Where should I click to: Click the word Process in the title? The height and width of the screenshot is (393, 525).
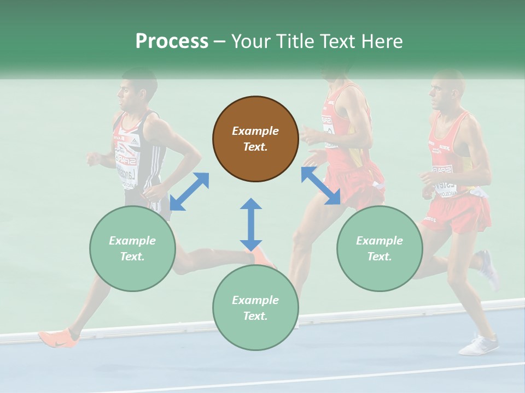coord(172,41)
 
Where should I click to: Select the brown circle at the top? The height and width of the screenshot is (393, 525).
coord(255,139)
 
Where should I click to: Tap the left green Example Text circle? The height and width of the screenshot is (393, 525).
coord(132,248)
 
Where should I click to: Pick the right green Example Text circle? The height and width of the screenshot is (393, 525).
coord(380,248)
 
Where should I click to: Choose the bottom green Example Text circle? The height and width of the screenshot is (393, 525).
coord(255,308)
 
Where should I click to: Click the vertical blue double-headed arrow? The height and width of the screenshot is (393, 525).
coord(251,224)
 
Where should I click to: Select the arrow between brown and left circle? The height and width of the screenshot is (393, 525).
coord(189,192)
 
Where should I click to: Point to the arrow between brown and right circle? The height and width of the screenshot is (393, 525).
coord(320,186)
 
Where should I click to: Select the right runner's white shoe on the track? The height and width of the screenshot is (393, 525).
coord(479,346)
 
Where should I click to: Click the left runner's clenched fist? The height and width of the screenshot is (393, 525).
coord(94,159)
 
